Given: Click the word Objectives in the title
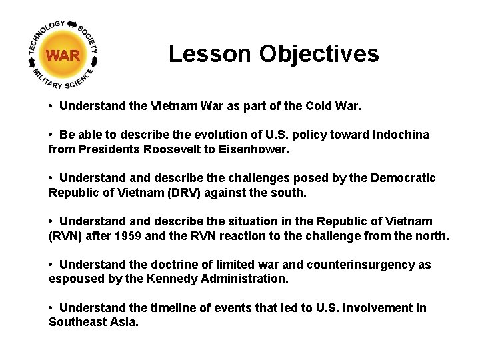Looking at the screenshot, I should tap(319, 54).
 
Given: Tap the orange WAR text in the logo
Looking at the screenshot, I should tap(63, 55).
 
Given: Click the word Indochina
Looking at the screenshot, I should tap(399, 135).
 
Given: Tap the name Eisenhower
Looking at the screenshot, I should tap(255, 149).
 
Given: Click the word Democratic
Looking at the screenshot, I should tap(402, 178).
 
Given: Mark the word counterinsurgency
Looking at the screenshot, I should tap(357, 265).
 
